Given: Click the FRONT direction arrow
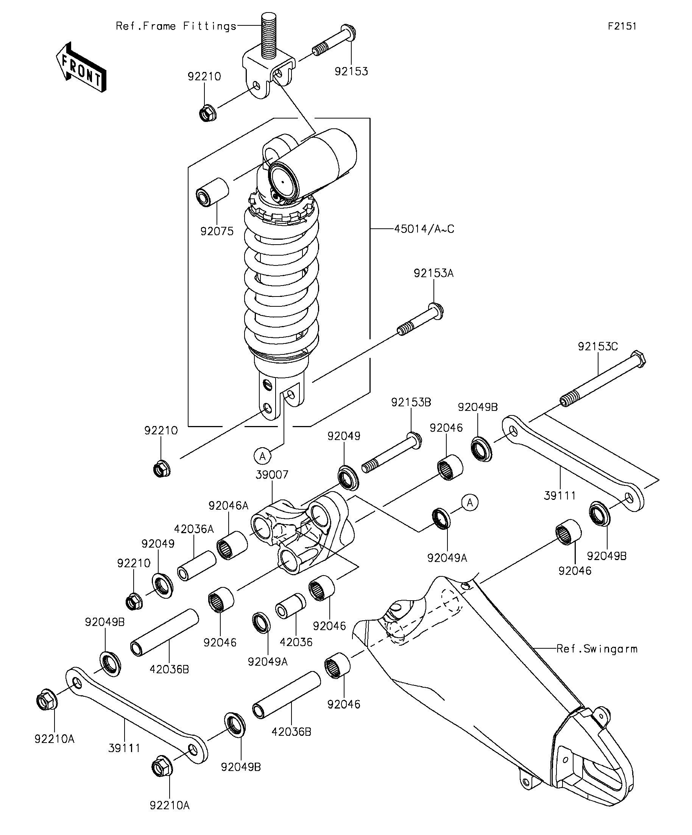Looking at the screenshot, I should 81,67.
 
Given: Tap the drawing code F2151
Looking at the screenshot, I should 622,26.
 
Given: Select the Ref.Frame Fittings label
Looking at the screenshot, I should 176,26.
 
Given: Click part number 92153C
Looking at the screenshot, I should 598,346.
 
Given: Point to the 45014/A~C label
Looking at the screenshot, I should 424,229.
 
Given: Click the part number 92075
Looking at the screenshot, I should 217,231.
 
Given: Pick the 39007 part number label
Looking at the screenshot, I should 272,474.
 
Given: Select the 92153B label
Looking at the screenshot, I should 411,402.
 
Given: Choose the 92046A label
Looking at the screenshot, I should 229,506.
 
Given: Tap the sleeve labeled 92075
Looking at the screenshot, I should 213,192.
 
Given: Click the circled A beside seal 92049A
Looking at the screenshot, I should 470,503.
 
